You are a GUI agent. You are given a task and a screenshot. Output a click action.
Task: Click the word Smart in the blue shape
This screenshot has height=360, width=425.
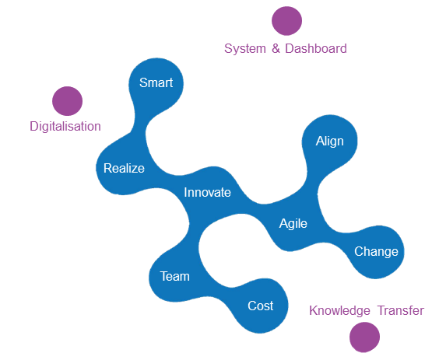pyautogui.click(x=156, y=82)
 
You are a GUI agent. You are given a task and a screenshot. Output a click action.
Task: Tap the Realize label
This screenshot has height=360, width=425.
pyautogui.click(x=124, y=169)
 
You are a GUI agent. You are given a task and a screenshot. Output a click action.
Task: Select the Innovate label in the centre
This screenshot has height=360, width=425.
pyautogui.click(x=207, y=193)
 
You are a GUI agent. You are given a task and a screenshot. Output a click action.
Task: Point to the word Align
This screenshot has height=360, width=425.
pyautogui.click(x=329, y=142)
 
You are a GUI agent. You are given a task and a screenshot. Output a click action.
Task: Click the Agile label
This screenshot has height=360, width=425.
pyautogui.click(x=293, y=224)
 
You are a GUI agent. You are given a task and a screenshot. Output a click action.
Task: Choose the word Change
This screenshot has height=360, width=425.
pyautogui.click(x=376, y=252)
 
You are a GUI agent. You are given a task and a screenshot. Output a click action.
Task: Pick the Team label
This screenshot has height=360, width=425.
pyautogui.click(x=175, y=276)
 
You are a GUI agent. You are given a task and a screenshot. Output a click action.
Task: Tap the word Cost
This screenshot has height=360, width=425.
pyautogui.click(x=261, y=306)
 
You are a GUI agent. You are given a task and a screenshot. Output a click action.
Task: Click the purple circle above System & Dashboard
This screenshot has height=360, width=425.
pyautogui.click(x=286, y=21)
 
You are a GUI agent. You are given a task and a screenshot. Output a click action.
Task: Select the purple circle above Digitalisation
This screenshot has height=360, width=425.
pyautogui.click(x=67, y=101)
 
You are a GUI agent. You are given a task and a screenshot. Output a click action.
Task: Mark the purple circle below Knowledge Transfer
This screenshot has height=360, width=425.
pyautogui.click(x=364, y=337)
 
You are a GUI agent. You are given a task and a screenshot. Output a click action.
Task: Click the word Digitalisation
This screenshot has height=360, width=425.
pyautogui.click(x=65, y=127)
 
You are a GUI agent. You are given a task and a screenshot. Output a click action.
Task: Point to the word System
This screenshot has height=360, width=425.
pyautogui.click(x=245, y=49)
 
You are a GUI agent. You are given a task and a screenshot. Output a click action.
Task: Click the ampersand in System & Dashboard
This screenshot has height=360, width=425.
pyautogui.click(x=276, y=48)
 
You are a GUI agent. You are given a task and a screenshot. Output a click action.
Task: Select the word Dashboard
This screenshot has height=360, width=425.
pyautogui.click(x=316, y=48)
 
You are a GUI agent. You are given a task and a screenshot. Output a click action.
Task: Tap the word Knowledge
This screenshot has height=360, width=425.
pyautogui.click(x=339, y=311)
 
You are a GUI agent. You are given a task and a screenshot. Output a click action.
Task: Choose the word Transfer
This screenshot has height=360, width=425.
pyautogui.click(x=401, y=310)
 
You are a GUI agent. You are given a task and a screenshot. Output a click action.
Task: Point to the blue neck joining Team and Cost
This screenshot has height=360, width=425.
pyautogui.click(x=217, y=292)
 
